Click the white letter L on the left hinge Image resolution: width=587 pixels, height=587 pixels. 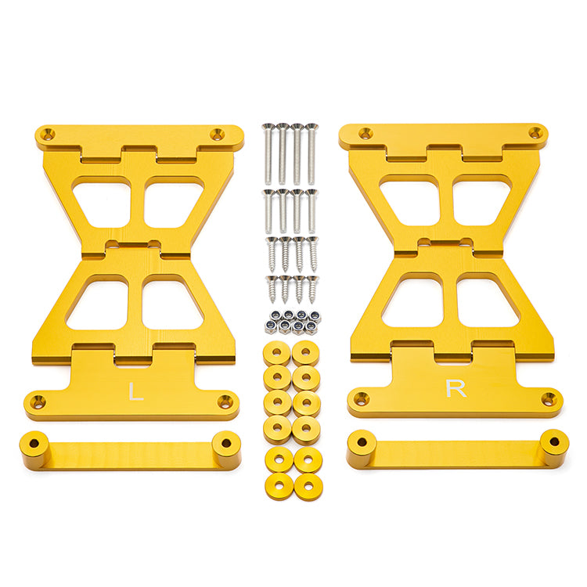coord(135,391)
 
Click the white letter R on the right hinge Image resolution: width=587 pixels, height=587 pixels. coord(456,388)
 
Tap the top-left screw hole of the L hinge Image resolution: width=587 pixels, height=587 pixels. coord(48,134)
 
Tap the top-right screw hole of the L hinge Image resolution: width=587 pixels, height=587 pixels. coord(217,134)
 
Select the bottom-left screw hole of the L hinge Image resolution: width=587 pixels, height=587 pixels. coord(38,402)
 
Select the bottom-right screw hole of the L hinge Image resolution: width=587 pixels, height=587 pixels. coord(225,401)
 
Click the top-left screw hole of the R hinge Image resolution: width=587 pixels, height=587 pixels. coord(366,132)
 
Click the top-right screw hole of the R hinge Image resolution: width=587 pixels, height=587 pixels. coord(535,132)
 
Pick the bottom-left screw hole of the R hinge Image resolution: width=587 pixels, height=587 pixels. coord(361,398)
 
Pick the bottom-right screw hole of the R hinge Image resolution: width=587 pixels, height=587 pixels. coord(549,398)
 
